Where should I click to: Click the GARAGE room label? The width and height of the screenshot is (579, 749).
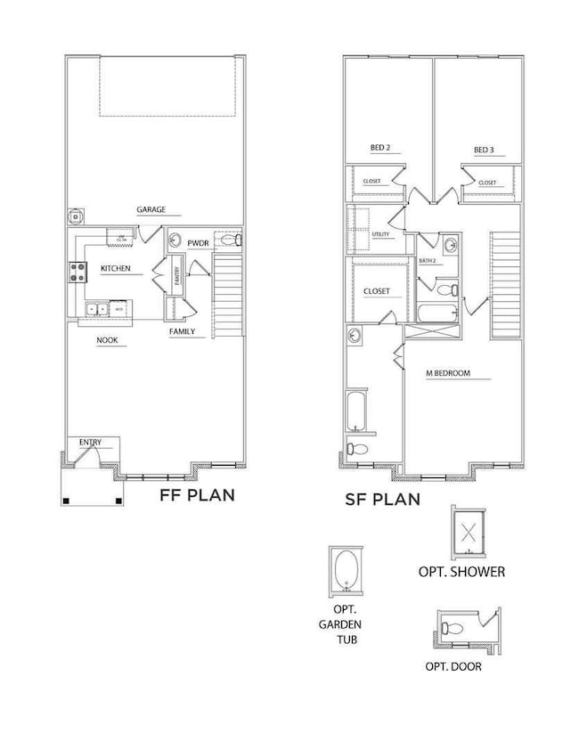151,211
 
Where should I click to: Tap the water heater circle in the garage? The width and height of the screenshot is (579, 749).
76,216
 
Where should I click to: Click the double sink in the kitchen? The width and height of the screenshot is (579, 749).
96,309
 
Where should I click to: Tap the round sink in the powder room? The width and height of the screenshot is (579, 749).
175,240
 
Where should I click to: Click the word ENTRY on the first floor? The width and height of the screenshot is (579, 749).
90,442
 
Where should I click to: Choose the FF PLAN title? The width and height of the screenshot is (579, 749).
197,495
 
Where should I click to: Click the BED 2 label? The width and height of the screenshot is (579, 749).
380,148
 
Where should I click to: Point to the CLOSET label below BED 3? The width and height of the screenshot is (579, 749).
487,183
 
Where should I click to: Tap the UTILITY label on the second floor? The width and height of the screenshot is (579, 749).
381,234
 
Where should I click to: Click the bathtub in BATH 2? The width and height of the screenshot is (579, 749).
436,313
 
